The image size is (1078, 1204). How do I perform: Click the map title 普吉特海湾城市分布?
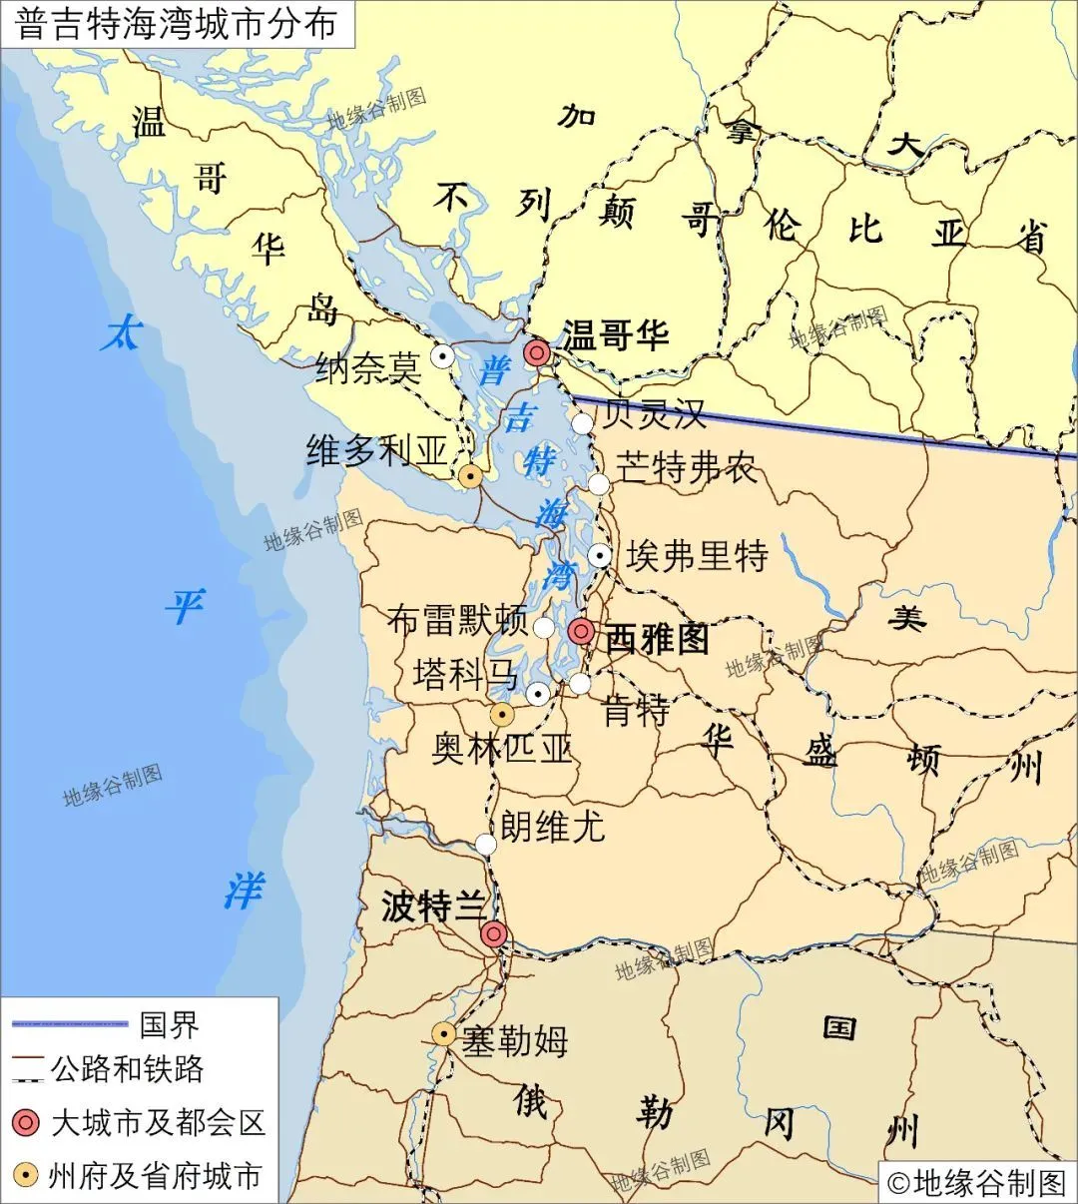point(177,24)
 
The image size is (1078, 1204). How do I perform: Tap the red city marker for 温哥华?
point(537,352)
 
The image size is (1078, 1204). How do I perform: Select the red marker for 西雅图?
point(581,631)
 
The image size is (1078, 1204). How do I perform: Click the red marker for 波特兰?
point(493,934)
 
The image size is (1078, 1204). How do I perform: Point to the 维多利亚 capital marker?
point(470,476)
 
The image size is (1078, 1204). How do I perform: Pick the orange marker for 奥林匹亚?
point(502,715)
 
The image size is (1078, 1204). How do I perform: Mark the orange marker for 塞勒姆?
point(443,1034)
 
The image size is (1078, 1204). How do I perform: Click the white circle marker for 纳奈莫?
point(441,354)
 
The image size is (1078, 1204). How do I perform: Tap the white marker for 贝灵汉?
point(582,422)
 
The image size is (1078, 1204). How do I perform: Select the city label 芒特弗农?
point(687,468)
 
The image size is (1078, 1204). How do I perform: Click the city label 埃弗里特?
point(697,556)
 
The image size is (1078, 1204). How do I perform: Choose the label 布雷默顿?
point(457,620)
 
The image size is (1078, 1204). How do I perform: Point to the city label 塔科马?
point(465,675)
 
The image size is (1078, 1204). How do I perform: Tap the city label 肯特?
point(636,712)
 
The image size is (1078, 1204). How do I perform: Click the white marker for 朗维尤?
point(485,845)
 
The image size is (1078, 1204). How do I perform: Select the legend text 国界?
point(169,1024)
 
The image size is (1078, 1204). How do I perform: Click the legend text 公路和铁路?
point(127,1069)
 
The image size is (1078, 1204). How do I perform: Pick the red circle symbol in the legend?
point(26,1123)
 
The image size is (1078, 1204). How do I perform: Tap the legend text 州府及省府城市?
point(155,1176)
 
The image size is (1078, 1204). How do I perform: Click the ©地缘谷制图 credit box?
point(976,1182)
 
